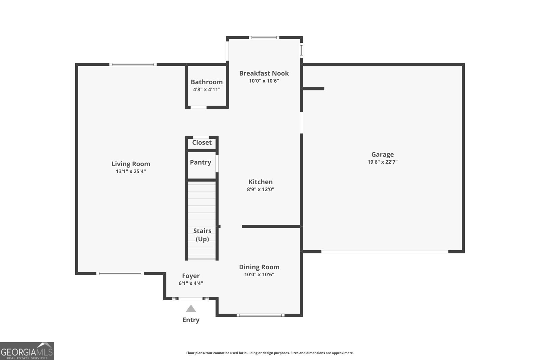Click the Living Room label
[131, 164]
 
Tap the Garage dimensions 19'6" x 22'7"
[382, 162]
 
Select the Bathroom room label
[207, 82]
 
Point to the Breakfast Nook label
[264, 73]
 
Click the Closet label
[202, 142]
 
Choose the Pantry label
[200, 162]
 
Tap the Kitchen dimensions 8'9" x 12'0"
[260, 189]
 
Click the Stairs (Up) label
[202, 235]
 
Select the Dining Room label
[259, 267]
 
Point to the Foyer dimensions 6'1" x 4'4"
[191, 283]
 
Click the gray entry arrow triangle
[191, 309]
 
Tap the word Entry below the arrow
[191, 320]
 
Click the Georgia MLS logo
[27, 351]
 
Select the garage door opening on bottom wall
[385, 252]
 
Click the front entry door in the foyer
[191, 299]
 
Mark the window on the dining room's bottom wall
[260, 315]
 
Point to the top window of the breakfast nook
[264, 37]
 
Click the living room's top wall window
[133, 64]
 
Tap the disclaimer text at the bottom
[270, 353]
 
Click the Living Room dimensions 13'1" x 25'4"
[131, 171]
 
